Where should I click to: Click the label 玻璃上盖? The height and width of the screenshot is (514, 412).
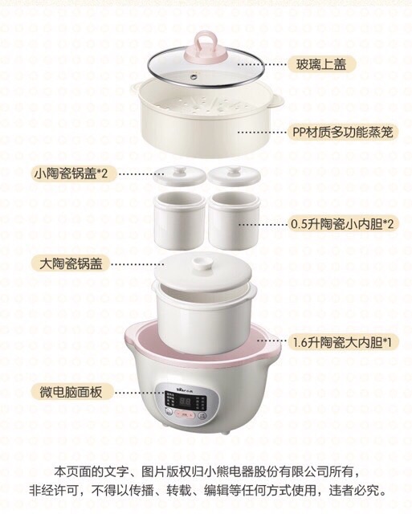(x=321, y=64)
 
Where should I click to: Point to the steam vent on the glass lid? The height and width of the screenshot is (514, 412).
(x=194, y=77)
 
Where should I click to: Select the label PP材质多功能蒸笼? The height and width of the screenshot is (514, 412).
(x=342, y=132)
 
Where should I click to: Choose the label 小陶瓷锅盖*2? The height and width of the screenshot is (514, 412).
(x=71, y=173)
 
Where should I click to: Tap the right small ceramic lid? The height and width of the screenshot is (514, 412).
(x=234, y=175)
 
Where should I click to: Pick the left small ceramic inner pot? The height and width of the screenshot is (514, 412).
(x=180, y=221)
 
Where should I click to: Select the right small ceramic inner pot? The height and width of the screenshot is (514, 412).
(x=234, y=221)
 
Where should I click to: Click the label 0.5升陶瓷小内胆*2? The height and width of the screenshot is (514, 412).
(x=342, y=224)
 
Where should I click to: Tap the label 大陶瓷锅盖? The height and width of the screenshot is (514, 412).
(x=71, y=263)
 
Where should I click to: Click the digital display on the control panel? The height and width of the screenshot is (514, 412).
(x=186, y=402)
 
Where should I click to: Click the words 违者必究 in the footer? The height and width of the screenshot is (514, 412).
(x=357, y=491)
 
